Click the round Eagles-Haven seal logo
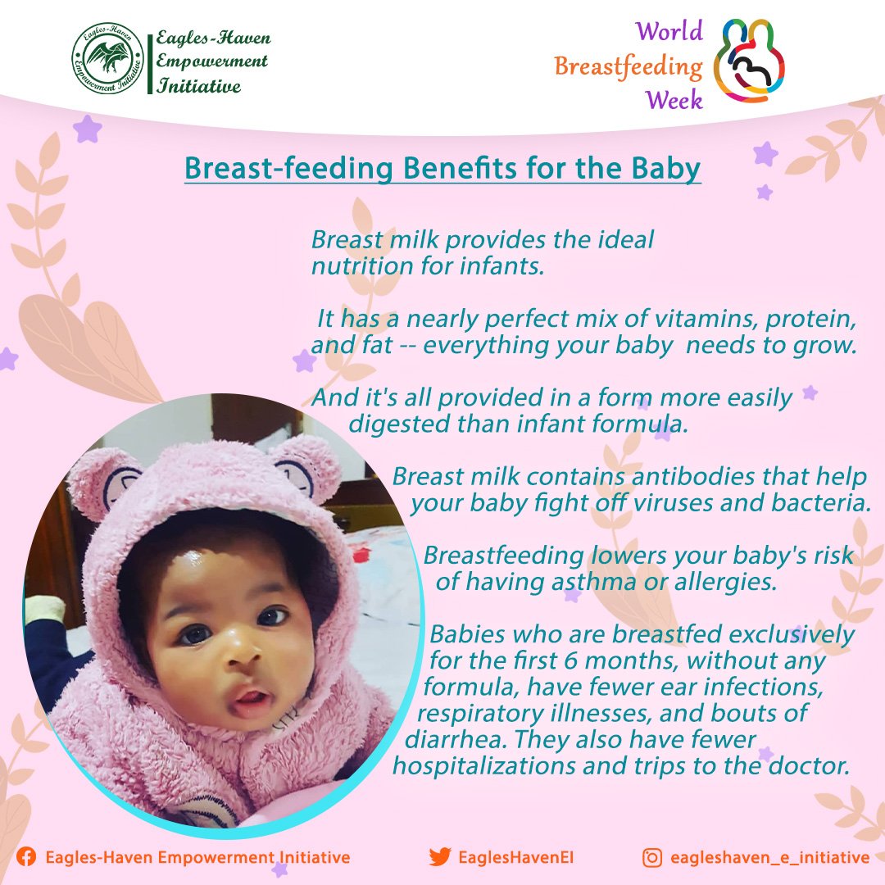tap(108, 58)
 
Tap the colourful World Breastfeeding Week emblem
tap(750, 61)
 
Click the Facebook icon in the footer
tap(26, 857)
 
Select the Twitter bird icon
tap(440, 857)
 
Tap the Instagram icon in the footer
tap(652, 857)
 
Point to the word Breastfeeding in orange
tap(629, 66)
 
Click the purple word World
tap(669, 31)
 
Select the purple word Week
tap(674, 100)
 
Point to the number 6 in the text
tap(571, 660)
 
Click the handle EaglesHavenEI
tap(516, 857)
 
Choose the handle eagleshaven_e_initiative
tap(769, 858)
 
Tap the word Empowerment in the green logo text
tap(211, 61)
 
